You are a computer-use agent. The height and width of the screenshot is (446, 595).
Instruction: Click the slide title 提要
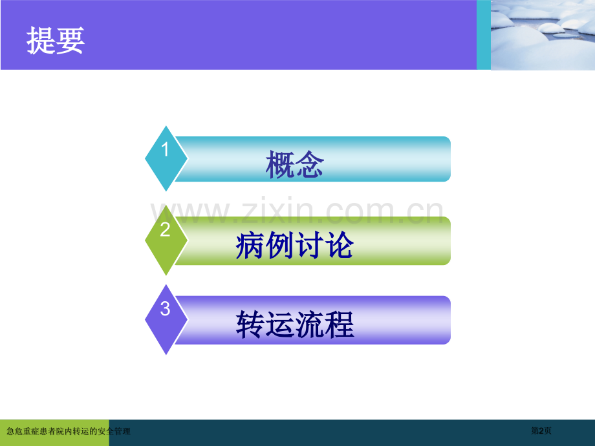[x=56, y=42]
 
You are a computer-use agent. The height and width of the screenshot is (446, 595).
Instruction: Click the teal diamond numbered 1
[x=166, y=158]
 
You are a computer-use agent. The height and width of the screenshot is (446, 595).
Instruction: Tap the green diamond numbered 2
[x=166, y=239]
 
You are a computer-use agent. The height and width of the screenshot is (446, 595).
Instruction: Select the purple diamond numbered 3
[x=166, y=319]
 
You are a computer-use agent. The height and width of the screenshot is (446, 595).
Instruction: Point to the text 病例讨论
[x=295, y=246]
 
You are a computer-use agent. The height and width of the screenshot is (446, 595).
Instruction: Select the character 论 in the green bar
[x=340, y=246]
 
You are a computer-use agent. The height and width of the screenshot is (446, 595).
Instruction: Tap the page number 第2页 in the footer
[x=541, y=430]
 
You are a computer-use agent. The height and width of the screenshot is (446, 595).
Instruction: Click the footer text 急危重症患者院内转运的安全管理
[x=68, y=430]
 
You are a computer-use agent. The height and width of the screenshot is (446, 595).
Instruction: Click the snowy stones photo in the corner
[x=543, y=35]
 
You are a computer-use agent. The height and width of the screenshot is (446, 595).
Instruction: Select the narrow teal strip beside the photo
[x=484, y=35]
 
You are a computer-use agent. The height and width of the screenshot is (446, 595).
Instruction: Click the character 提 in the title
[x=41, y=42]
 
